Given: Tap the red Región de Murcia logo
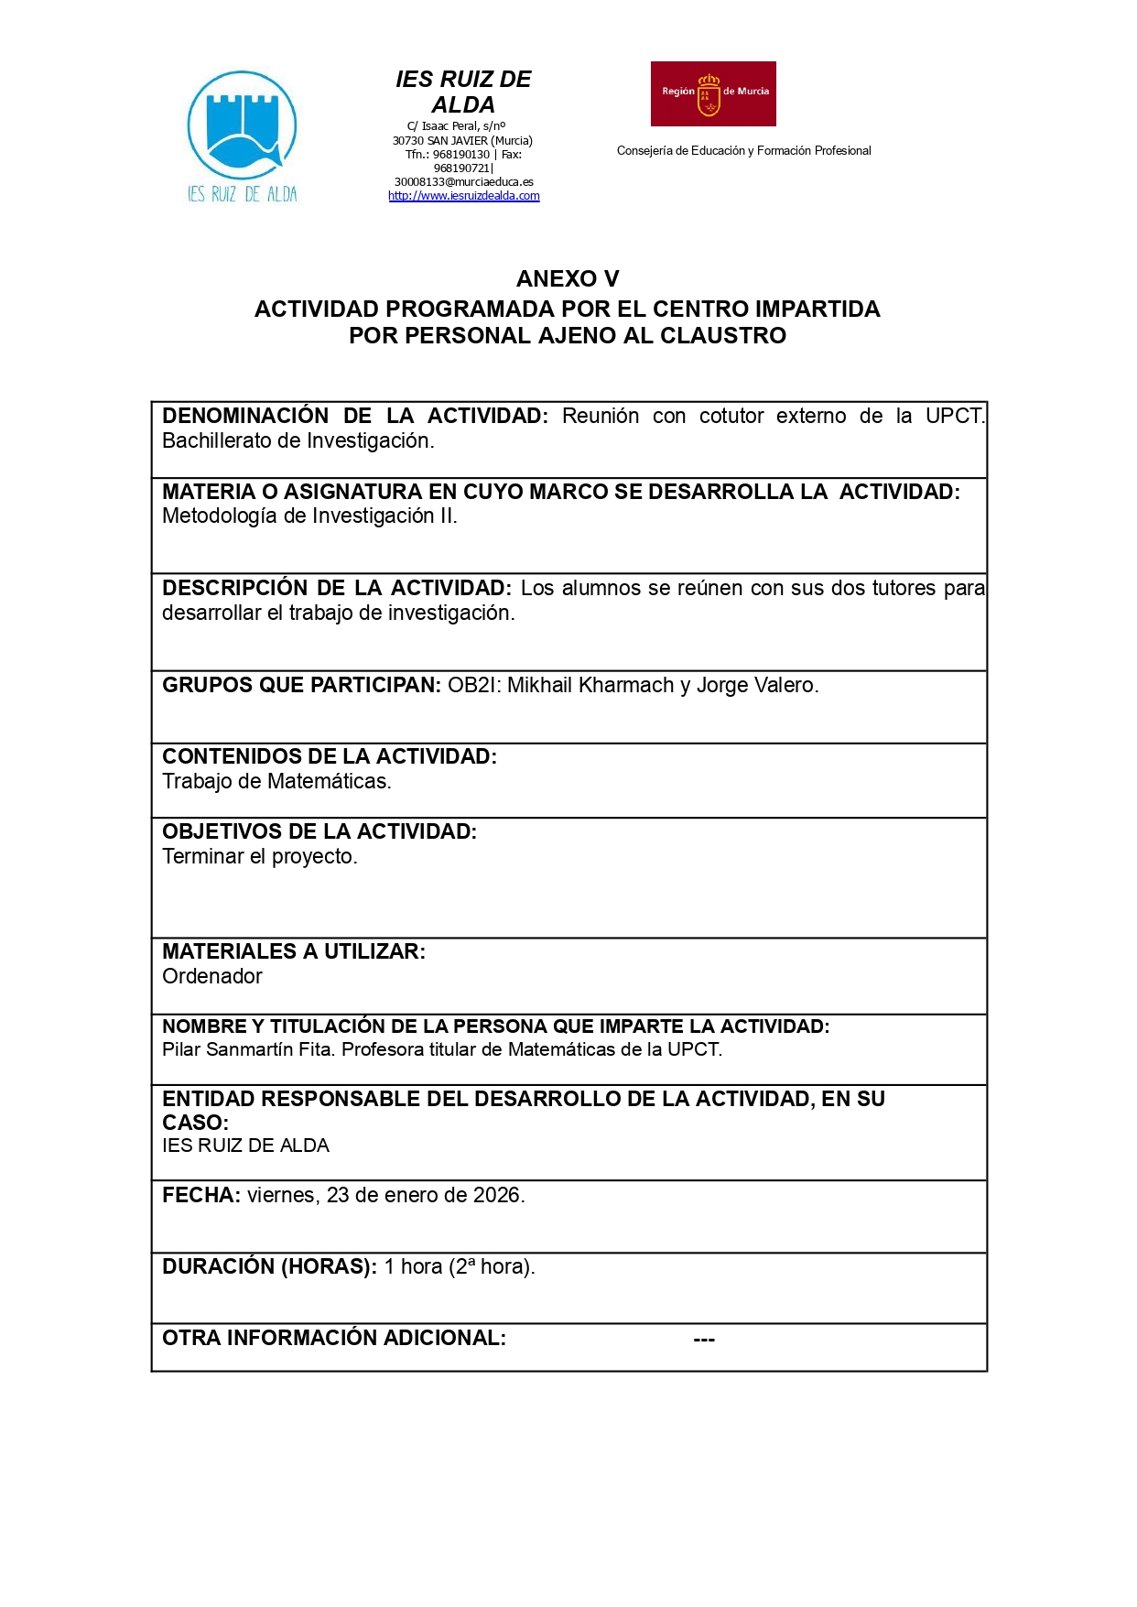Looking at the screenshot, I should pos(713,93).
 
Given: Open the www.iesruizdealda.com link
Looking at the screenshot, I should pos(463,196).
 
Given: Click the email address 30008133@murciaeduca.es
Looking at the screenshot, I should pos(463,182).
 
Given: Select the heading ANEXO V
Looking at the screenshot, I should pos(568,278).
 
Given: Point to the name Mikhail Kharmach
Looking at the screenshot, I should pos(590,685).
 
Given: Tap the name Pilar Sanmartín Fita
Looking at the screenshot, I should pos(247,1049).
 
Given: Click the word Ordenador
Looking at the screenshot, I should pos(212,976).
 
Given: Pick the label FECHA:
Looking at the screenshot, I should pos(201,1195).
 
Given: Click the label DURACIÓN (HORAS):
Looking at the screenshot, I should pos(269,1266).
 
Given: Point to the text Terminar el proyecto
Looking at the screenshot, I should pos(260,856).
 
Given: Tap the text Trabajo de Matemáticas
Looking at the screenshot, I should pos(276,781).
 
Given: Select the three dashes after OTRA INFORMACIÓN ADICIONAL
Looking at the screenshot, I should pos(704,1339).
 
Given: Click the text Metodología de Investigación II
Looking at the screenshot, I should pos(309,516).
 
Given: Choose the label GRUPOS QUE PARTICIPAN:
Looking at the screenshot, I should pos(301,685).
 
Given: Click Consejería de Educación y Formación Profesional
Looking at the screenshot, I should pos(743,151).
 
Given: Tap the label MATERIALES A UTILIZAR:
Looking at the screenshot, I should pos(294,951).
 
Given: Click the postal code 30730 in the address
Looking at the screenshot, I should pos(408,141).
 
